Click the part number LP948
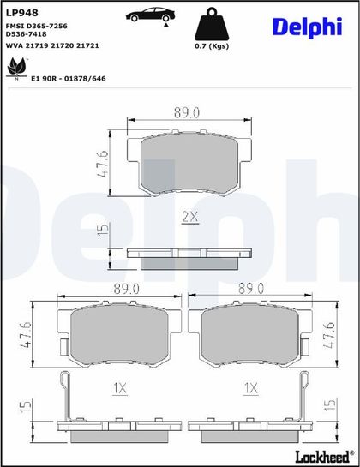(x=22, y=13)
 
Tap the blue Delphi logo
(x=307, y=27)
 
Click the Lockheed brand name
(x=322, y=456)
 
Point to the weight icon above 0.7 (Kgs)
(x=212, y=24)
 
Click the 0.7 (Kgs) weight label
(x=212, y=46)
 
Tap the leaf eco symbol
(x=17, y=69)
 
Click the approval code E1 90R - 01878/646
(x=69, y=79)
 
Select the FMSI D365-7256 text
(x=37, y=26)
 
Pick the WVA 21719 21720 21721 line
(x=52, y=45)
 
